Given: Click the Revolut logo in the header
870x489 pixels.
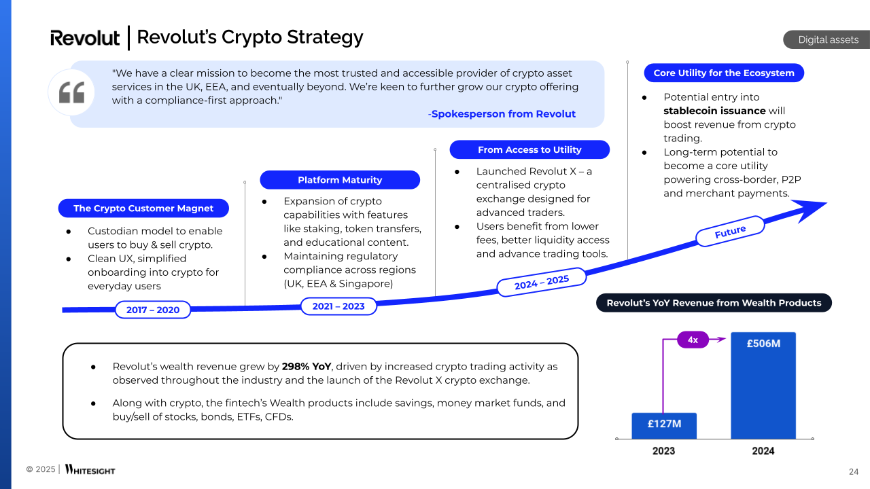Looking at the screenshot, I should tap(85, 38).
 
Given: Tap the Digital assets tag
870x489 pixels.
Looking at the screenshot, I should tap(828, 39).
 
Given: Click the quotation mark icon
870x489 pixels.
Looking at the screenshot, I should tap(71, 92).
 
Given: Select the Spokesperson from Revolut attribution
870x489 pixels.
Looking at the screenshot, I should tap(502, 114).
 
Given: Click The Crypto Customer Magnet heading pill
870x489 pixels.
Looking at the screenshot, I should tap(143, 209).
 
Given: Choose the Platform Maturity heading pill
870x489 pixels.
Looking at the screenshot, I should tap(340, 180).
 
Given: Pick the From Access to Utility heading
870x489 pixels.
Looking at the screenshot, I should tap(529, 149).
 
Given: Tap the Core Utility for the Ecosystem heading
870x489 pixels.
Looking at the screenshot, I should tap(724, 73).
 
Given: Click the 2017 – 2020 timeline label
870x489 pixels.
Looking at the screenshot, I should tap(152, 310).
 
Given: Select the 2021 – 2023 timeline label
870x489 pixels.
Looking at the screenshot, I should tap(338, 306).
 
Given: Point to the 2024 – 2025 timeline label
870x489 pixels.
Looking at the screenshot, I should tap(541, 280).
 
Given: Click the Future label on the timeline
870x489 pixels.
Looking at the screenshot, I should tap(730, 231).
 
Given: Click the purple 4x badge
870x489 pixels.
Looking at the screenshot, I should tap(693, 340).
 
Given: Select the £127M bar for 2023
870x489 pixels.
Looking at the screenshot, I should tap(664, 425).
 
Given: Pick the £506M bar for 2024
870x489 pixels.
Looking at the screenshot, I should tap(763, 385).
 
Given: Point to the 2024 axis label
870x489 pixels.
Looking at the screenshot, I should tap(763, 451).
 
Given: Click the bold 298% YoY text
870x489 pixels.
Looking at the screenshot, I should tap(307, 367).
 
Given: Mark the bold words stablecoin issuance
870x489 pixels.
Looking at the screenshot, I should tap(714, 111).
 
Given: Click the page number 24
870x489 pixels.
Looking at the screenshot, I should tap(854, 472).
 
